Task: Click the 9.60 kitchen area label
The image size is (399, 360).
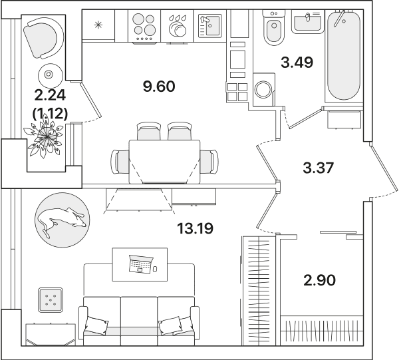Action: click(159, 87)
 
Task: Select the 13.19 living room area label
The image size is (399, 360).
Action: click(195, 228)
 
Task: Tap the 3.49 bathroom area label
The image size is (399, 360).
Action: click(297, 63)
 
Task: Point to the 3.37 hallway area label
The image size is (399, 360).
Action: click(318, 168)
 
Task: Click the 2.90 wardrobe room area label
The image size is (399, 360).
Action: click(320, 280)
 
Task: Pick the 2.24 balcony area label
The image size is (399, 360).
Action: click(50, 95)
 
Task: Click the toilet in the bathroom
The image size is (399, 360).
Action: click(274, 28)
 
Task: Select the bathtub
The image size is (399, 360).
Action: click(344, 55)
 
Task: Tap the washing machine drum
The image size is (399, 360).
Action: click(263, 89)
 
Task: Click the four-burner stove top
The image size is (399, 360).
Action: click(144, 26)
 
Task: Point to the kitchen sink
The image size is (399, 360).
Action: click(210, 26)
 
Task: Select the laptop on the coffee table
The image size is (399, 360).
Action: click(141, 264)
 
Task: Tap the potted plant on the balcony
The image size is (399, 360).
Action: click(45, 137)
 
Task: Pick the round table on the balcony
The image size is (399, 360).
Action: click(50, 75)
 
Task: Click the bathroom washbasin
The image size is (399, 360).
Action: click(308, 22)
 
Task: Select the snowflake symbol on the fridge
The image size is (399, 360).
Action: click(98, 25)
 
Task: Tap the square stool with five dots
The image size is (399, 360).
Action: click(51, 300)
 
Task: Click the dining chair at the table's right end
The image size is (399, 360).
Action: click(209, 162)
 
